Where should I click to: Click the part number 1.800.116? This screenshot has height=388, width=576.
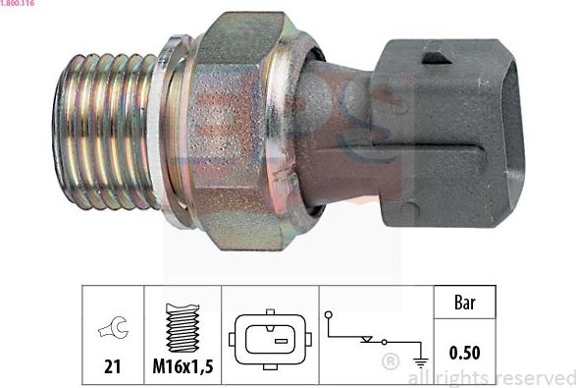tap(19, 6)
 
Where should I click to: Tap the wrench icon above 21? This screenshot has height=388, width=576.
tap(112, 331)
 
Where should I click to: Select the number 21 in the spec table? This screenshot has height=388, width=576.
tap(112, 366)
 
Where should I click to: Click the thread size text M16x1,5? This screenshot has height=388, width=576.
tap(183, 366)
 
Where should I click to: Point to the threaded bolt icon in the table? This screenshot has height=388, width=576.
tap(183, 328)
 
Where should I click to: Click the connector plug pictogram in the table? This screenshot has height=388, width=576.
tap(270, 340)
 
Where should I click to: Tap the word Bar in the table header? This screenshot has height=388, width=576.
tap(465, 303)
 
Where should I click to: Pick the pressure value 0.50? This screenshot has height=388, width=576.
tap(465, 352)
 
